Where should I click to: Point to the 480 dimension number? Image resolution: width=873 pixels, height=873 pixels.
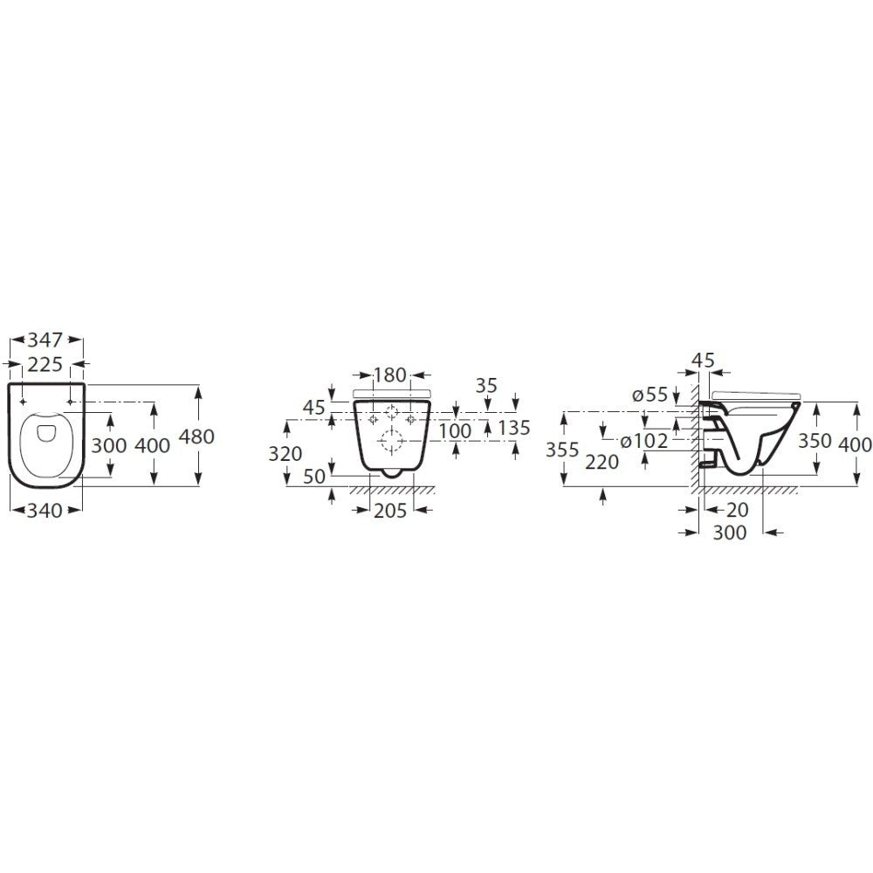coord(196,437)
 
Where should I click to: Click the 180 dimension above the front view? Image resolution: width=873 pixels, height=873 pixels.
coord(389,376)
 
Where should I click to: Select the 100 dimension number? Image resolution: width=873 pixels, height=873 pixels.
coord(455,430)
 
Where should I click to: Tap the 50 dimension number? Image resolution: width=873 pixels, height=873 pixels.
coord(314,477)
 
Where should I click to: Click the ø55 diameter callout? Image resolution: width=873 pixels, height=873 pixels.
coord(650,395)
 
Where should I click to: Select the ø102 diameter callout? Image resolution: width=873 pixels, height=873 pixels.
coord(644,442)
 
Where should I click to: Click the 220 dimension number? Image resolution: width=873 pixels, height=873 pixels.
coord(603,463)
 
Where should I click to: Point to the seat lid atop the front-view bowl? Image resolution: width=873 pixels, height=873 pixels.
coord(393,392)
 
